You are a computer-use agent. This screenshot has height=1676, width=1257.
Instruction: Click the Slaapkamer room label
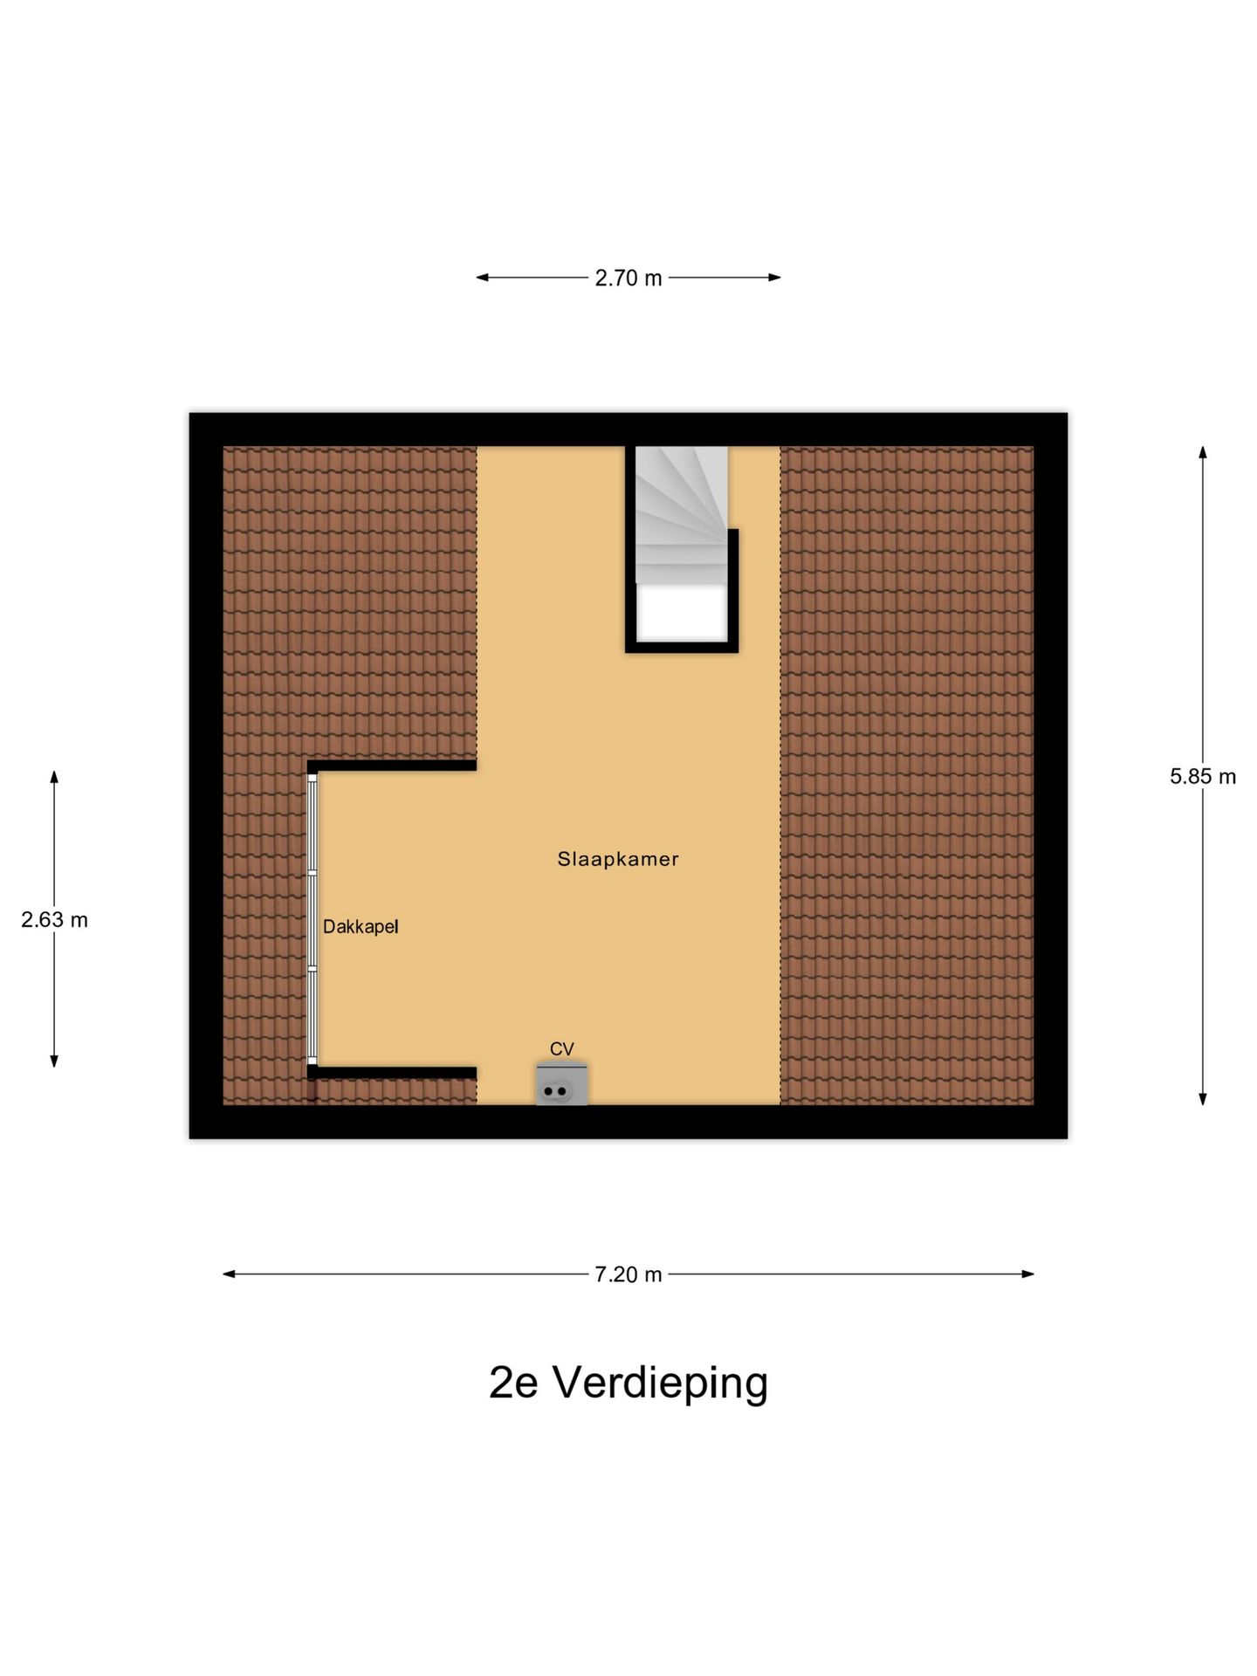coord(618,859)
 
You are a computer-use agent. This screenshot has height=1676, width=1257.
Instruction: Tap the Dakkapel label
coord(361,927)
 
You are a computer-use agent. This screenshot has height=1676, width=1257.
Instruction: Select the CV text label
coord(561,1048)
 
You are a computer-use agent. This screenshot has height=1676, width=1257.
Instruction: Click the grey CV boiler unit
coord(561,1086)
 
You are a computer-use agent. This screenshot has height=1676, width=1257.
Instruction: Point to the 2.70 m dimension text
coord(628,278)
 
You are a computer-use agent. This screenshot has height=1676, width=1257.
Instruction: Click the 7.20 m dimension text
coord(628,1274)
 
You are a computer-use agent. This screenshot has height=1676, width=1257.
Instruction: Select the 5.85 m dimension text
coord(1203,776)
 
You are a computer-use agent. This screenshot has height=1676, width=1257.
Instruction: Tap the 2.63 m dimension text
coord(54,920)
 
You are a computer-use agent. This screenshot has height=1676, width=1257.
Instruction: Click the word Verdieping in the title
coord(661,1383)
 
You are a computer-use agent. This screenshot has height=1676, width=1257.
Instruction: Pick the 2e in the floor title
coord(512,1383)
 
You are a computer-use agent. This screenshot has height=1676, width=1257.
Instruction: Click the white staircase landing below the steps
coord(681,613)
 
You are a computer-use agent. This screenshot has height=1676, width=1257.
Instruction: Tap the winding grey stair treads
coord(681,515)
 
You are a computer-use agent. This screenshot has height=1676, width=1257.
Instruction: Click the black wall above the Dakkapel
coord(393,766)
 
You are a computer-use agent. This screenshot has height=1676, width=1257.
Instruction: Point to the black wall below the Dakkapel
coord(393,1073)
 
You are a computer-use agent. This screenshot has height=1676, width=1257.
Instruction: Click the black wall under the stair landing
coord(682,647)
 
